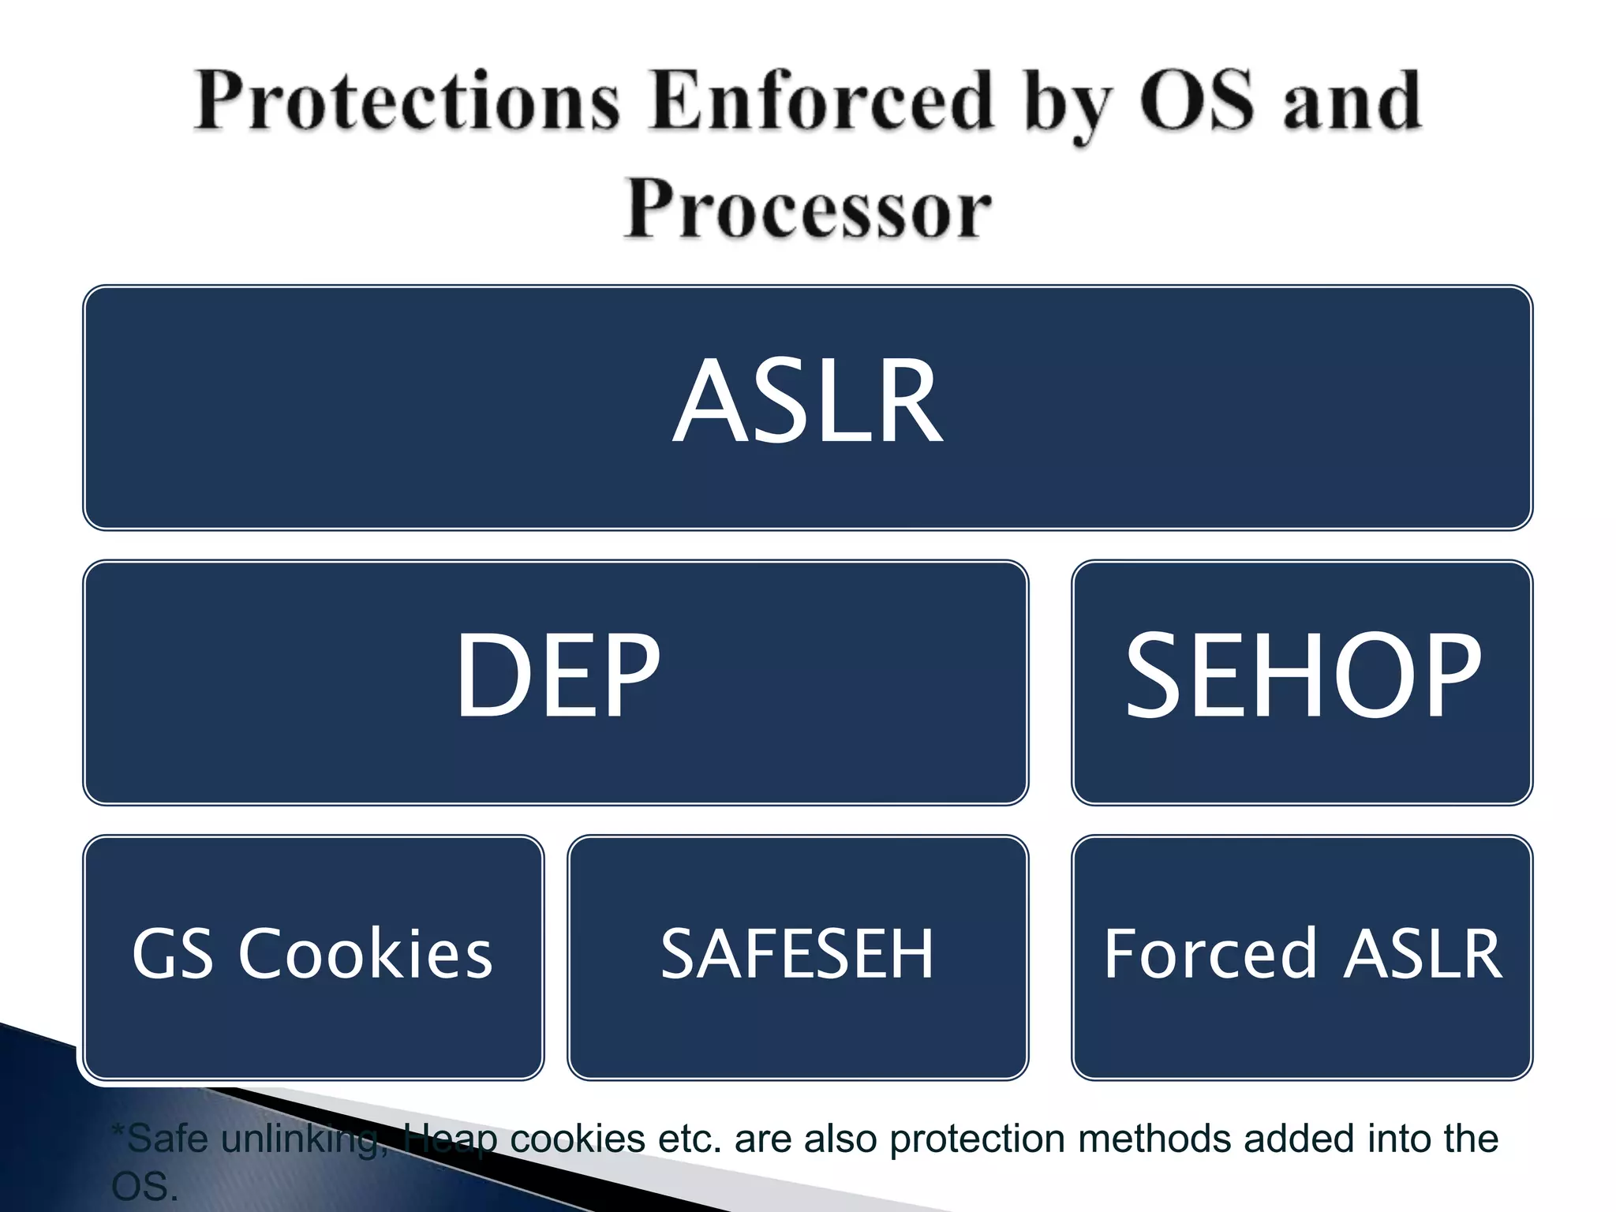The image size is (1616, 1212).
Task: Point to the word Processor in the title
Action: pos(808,208)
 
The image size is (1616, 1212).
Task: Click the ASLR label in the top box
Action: pos(808,402)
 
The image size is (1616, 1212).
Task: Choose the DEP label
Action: pos(557,677)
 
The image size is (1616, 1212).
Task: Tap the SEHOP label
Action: pos(1302,677)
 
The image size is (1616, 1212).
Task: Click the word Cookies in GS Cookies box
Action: pos(365,955)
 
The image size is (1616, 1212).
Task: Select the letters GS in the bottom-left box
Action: pos(172,955)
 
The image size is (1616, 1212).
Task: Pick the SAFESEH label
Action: pos(797,955)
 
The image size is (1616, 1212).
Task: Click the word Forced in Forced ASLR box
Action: pos(1210,955)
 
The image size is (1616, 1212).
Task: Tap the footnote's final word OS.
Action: pos(144,1187)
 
